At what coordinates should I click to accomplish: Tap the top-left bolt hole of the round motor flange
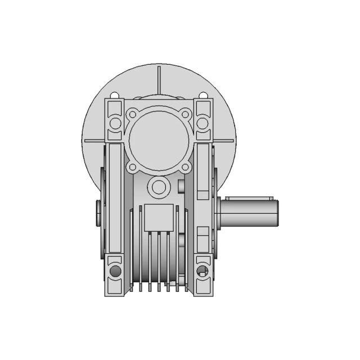(x=133, y=115)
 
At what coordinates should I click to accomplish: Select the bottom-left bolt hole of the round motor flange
(x=133, y=167)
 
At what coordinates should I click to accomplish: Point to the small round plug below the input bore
(x=159, y=187)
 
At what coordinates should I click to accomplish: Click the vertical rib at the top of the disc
(x=160, y=79)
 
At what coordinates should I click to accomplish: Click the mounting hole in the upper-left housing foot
(x=115, y=123)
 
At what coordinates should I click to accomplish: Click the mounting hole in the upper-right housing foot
(x=203, y=123)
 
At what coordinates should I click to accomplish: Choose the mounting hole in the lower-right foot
(x=203, y=272)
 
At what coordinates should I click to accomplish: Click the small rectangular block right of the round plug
(x=181, y=186)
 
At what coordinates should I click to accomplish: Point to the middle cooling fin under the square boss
(x=159, y=259)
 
